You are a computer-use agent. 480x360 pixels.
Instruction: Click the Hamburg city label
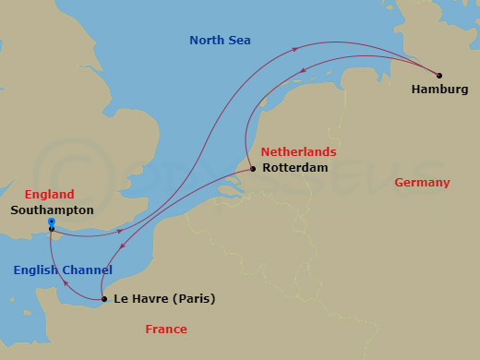click(x=440, y=90)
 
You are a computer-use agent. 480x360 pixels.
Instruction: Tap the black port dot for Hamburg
click(x=438, y=76)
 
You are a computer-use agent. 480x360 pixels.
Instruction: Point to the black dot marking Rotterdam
click(x=253, y=169)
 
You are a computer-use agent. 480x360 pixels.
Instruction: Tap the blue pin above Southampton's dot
click(x=51, y=222)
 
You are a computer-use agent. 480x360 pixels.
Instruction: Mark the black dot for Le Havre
click(x=102, y=299)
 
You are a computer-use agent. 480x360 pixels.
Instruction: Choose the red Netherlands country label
click(x=298, y=151)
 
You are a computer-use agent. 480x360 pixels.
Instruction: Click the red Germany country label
click(x=422, y=183)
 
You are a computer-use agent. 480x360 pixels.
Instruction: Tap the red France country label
click(x=166, y=330)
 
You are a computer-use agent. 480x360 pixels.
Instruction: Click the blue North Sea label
click(x=220, y=40)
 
